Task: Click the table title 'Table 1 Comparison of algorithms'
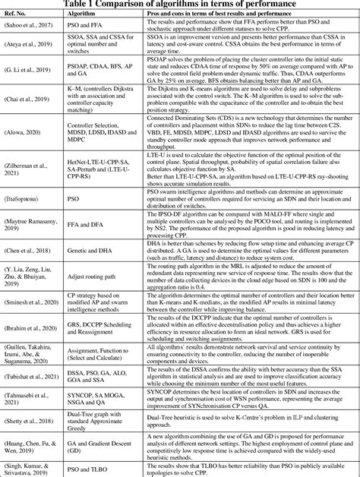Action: tap(180, 5)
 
